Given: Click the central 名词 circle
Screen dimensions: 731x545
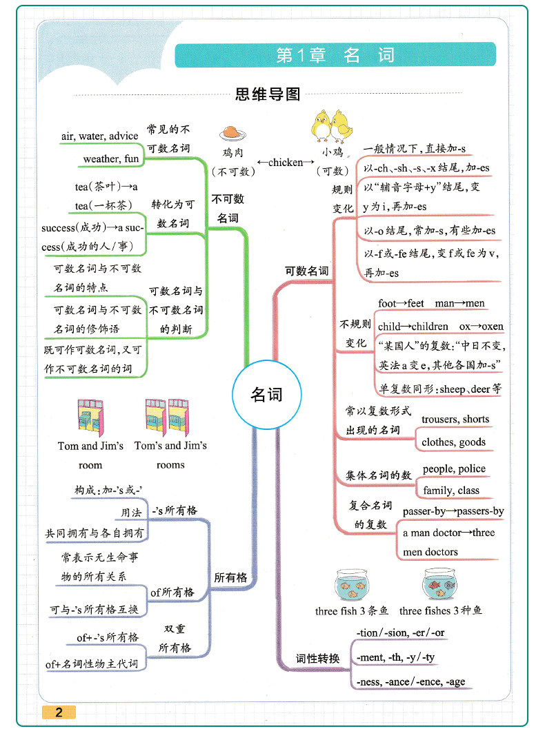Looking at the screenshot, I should pos(266,395).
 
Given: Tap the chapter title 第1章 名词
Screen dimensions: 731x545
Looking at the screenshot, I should pos(335,55).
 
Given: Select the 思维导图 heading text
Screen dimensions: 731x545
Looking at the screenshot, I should pos(268,94).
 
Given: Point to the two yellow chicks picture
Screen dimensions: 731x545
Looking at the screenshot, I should pos(329,125).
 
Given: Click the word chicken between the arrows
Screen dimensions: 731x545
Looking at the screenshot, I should pos(286,163).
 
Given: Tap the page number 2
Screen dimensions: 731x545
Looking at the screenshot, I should pos(59,712).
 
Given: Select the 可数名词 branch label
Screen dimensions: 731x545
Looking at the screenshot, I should pos(307,271).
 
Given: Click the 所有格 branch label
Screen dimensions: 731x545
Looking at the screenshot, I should pos(230,577).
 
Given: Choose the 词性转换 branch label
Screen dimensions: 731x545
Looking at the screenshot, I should pos(317,659).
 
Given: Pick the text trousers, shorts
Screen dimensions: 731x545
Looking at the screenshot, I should pos(455,419).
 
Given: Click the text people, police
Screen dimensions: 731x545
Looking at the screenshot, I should pos(454,469).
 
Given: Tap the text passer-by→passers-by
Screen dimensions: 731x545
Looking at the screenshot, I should pos(453,511).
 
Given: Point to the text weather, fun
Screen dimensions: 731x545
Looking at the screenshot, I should pos(111,159).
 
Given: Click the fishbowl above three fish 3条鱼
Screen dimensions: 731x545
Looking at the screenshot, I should pos(351,585).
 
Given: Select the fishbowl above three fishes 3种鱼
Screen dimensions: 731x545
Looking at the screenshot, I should pos(439,585).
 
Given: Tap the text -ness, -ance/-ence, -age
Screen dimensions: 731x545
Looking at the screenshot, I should pos(410,682).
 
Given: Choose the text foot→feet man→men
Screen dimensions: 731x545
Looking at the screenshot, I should pos(431,303).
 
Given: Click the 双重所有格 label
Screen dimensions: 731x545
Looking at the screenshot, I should pos(175,639).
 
